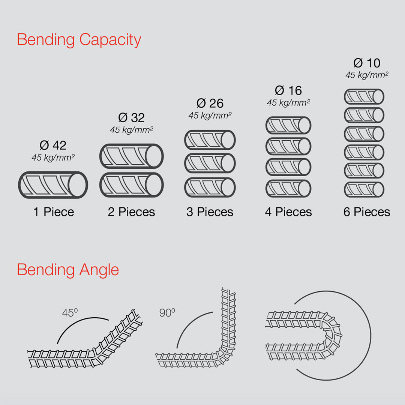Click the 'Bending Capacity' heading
[79, 40]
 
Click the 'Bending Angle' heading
[68, 270]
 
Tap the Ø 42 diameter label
[53, 145]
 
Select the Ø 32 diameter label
[131, 118]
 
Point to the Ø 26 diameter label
[210, 103]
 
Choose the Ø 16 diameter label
[288, 90]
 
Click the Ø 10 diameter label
[366, 63]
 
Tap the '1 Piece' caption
[53, 212]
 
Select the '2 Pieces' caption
[131, 212]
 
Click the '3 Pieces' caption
[210, 212]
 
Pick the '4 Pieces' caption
[288, 212]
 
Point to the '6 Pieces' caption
[366, 212]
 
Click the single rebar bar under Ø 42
[53, 184]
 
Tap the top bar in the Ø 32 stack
[131, 156]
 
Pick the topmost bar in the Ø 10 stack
[364, 96]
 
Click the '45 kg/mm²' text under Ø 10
[366, 75]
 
